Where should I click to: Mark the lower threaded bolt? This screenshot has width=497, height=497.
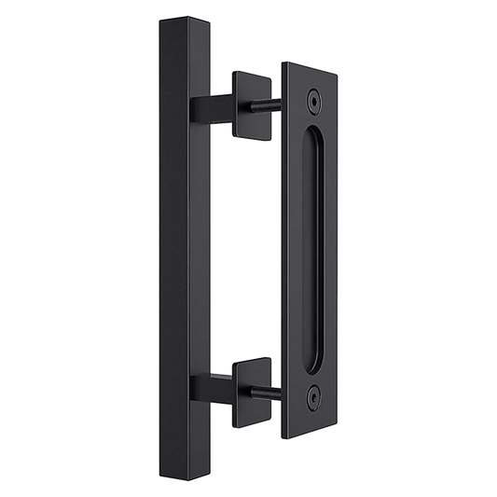click(270, 381)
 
